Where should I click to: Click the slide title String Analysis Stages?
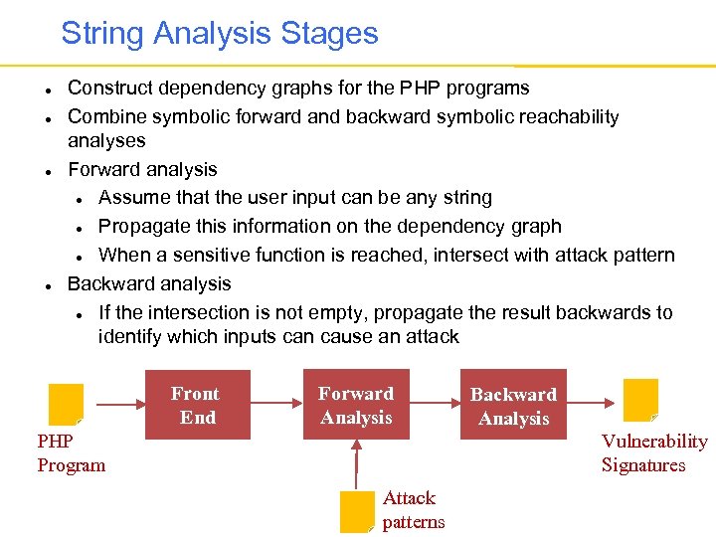pyautogui.click(x=220, y=33)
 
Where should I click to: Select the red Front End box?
pyautogui.click(x=196, y=405)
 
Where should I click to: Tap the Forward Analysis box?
pyautogui.click(x=356, y=405)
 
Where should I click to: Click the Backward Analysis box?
pyautogui.click(x=513, y=405)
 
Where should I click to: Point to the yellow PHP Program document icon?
pyautogui.click(x=67, y=404)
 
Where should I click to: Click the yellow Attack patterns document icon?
pyautogui.click(x=356, y=511)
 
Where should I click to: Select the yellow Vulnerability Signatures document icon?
pyautogui.click(x=640, y=399)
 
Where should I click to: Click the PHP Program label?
pyautogui.click(x=71, y=453)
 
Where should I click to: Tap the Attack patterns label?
pyautogui.click(x=413, y=510)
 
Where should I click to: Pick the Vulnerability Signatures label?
pyautogui.click(x=653, y=453)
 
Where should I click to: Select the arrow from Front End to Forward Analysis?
pyautogui.click(x=273, y=404)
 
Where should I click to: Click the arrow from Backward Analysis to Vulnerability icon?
pyautogui.click(x=598, y=404)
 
